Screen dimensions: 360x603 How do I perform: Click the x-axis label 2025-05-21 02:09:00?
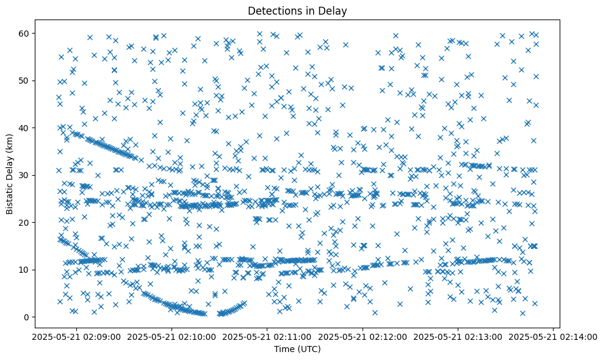pos(77,337)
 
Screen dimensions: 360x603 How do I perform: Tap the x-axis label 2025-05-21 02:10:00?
pos(172,337)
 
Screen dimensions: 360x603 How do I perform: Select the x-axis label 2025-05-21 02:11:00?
pos(267,337)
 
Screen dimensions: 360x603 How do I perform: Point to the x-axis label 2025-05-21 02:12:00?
pos(363,337)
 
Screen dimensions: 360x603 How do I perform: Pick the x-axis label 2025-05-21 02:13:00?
pos(458,337)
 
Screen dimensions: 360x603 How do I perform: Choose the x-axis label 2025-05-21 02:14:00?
pos(554,337)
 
